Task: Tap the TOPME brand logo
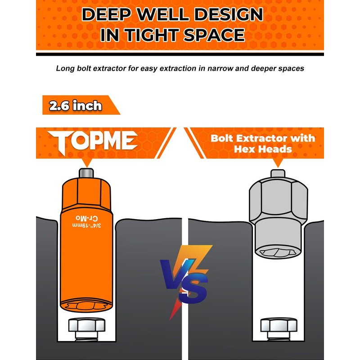coord(93,141)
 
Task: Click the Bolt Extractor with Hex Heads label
coord(263,143)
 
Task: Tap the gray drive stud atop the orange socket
coord(86,173)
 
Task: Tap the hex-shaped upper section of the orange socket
coord(86,191)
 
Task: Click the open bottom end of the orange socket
coord(85,306)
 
